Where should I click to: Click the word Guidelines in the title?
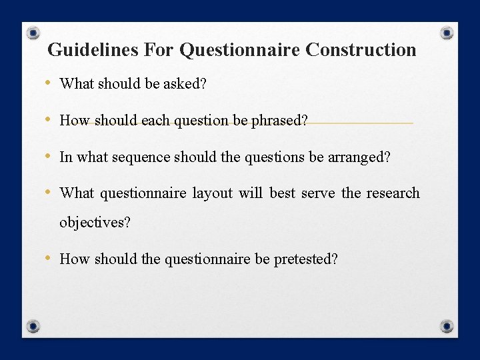82,50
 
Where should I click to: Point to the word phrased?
280,121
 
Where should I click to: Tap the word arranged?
359,157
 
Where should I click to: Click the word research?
393,193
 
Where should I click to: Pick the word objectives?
95,223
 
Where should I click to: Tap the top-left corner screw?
33,33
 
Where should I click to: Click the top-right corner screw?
447,33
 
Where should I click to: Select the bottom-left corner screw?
33,326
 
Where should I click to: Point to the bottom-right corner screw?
447,326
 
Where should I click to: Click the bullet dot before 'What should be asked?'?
49,83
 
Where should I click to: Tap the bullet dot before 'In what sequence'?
49,157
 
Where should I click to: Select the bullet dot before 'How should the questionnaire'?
49,259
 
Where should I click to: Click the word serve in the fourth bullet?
318,193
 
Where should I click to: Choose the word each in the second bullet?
155,121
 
